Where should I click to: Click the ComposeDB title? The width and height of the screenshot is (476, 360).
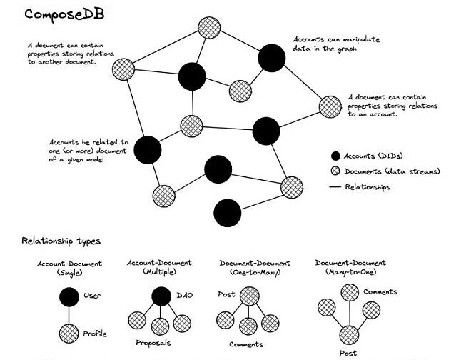tap(64, 14)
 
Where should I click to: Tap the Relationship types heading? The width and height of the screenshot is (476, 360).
tap(61, 241)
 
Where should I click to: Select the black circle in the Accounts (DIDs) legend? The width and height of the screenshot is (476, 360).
tap(335, 156)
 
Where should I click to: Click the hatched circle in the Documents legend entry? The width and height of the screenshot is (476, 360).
tap(335, 171)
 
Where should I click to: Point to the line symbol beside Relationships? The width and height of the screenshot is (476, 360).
tap(335, 187)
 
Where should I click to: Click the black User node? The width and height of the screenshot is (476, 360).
tap(69, 297)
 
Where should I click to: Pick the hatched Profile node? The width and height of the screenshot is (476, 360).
tap(69, 334)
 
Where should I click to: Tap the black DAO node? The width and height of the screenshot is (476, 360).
tap(161, 296)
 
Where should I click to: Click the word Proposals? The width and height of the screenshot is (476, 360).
tap(153, 343)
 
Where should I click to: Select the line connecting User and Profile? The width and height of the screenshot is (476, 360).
tap(69, 315)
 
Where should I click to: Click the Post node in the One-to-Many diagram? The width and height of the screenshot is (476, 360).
tap(250, 296)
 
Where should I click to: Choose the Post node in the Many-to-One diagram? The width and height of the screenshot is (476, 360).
tap(349, 335)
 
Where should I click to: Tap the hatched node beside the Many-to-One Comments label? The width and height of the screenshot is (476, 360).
tap(350, 293)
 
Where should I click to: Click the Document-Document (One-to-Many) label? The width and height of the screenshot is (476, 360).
tap(255, 268)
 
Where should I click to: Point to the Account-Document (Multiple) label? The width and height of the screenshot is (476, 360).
tap(159, 267)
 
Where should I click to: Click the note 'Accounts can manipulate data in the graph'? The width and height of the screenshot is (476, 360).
tap(336, 44)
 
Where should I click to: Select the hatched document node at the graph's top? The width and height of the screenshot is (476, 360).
tap(209, 28)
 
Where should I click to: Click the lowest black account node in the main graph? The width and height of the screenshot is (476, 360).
tap(228, 213)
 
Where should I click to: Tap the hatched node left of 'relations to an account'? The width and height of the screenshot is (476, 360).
tap(330, 107)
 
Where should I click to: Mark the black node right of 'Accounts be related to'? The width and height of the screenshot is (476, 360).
tap(148, 150)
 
